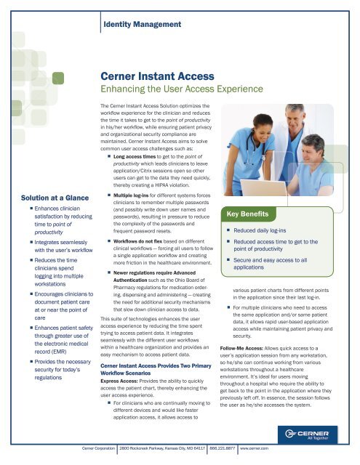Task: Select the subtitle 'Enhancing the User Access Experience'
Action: tap(182, 90)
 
